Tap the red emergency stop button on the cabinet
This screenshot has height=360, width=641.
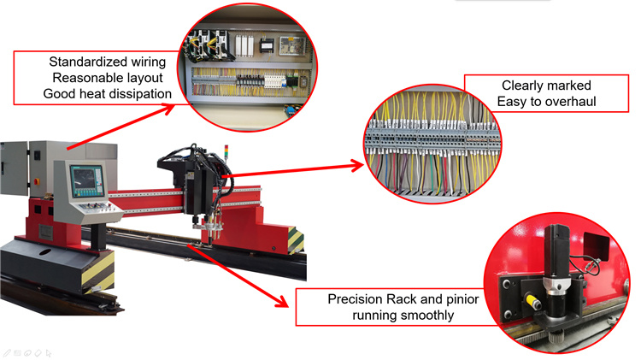click(37, 180)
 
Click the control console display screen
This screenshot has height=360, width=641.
click(87, 180)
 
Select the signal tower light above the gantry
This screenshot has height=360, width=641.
click(226, 151)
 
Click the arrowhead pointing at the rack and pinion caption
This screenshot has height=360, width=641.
click(281, 301)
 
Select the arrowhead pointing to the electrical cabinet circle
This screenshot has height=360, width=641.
click(168, 109)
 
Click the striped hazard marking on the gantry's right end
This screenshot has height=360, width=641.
click(296, 239)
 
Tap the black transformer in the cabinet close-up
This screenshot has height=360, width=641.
click(268, 45)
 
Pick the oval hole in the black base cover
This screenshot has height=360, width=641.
click(45, 251)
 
